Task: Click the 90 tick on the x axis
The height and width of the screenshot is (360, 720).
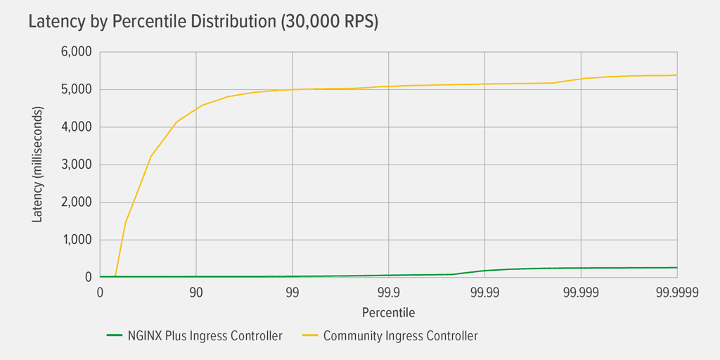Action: point(195,292)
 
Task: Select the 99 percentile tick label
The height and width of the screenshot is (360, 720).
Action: point(292,292)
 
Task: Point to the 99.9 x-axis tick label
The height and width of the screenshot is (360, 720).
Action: point(388,292)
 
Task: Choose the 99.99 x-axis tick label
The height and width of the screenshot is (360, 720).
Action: point(484,292)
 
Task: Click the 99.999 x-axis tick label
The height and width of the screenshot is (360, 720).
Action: point(581,292)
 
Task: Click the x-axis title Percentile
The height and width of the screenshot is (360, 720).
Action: point(388,311)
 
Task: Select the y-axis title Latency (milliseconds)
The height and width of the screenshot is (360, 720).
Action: point(37,165)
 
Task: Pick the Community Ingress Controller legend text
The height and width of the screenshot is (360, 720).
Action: point(400,336)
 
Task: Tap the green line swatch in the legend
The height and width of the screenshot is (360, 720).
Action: point(115,336)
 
